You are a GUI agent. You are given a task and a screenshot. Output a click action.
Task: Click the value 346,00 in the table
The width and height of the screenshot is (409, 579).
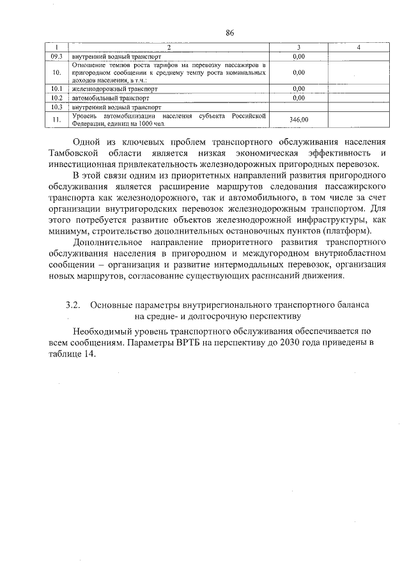coord(298,120)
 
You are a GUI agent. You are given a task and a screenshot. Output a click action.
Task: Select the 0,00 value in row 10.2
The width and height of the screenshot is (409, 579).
coord(298,98)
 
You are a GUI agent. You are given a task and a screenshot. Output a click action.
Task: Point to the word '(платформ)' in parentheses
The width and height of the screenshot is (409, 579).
coord(347,231)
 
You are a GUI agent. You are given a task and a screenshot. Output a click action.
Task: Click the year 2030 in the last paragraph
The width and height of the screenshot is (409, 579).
coord(271,344)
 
